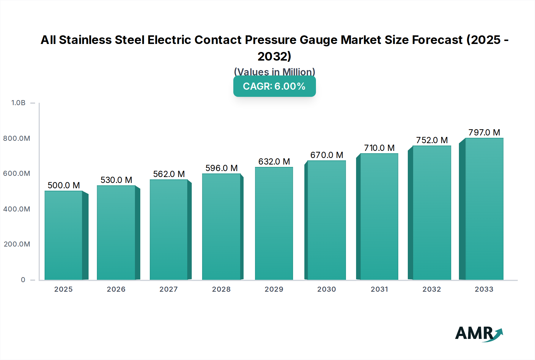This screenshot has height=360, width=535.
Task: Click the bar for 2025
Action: pos(64,235)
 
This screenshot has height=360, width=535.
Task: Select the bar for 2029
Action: pos(274,223)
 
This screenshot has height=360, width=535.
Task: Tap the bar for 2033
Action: pos(484,209)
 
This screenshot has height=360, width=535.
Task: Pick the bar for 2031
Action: pos(379,217)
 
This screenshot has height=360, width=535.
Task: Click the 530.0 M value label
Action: pos(116,180)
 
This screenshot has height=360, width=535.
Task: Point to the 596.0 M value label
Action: pos(221,168)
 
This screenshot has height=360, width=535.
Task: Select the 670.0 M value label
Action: pos(327,155)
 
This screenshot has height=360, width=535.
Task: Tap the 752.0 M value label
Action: pos(432,140)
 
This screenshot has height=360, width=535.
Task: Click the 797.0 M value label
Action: pos(484,132)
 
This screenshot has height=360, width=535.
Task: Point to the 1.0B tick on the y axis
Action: pos(18,103)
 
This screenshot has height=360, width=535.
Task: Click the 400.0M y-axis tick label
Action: pos(17,209)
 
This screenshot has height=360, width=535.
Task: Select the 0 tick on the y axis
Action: pos(23,280)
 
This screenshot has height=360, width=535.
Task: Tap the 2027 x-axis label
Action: pos(169,289)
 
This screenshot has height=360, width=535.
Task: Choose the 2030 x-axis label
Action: pos(326,289)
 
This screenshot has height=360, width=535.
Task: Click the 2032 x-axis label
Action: pos(432,289)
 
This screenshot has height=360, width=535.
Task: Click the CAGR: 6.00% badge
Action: pos(274,86)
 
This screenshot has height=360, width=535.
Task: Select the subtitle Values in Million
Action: pos(274,72)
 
